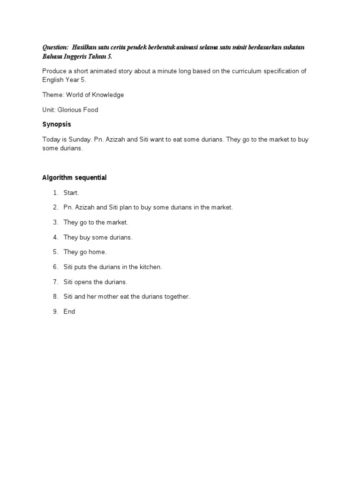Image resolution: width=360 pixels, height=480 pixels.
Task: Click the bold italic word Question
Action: tap(55, 48)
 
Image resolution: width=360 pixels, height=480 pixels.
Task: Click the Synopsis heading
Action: tap(56, 125)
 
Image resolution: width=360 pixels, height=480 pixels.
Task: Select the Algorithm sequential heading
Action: tap(75, 178)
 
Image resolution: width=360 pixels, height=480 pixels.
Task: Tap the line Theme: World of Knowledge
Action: tap(83, 95)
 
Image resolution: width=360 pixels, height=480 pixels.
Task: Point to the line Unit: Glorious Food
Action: tap(70, 110)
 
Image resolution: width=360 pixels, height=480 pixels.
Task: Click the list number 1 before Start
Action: tap(55, 193)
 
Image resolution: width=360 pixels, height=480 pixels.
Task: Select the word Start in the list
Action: tap(72, 193)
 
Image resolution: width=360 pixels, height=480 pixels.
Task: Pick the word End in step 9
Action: tap(69, 311)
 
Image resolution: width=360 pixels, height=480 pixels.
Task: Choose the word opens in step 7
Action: tap(88, 282)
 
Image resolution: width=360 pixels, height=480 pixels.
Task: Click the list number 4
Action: tap(55, 237)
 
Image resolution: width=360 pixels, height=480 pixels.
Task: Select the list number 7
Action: tap(55, 282)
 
